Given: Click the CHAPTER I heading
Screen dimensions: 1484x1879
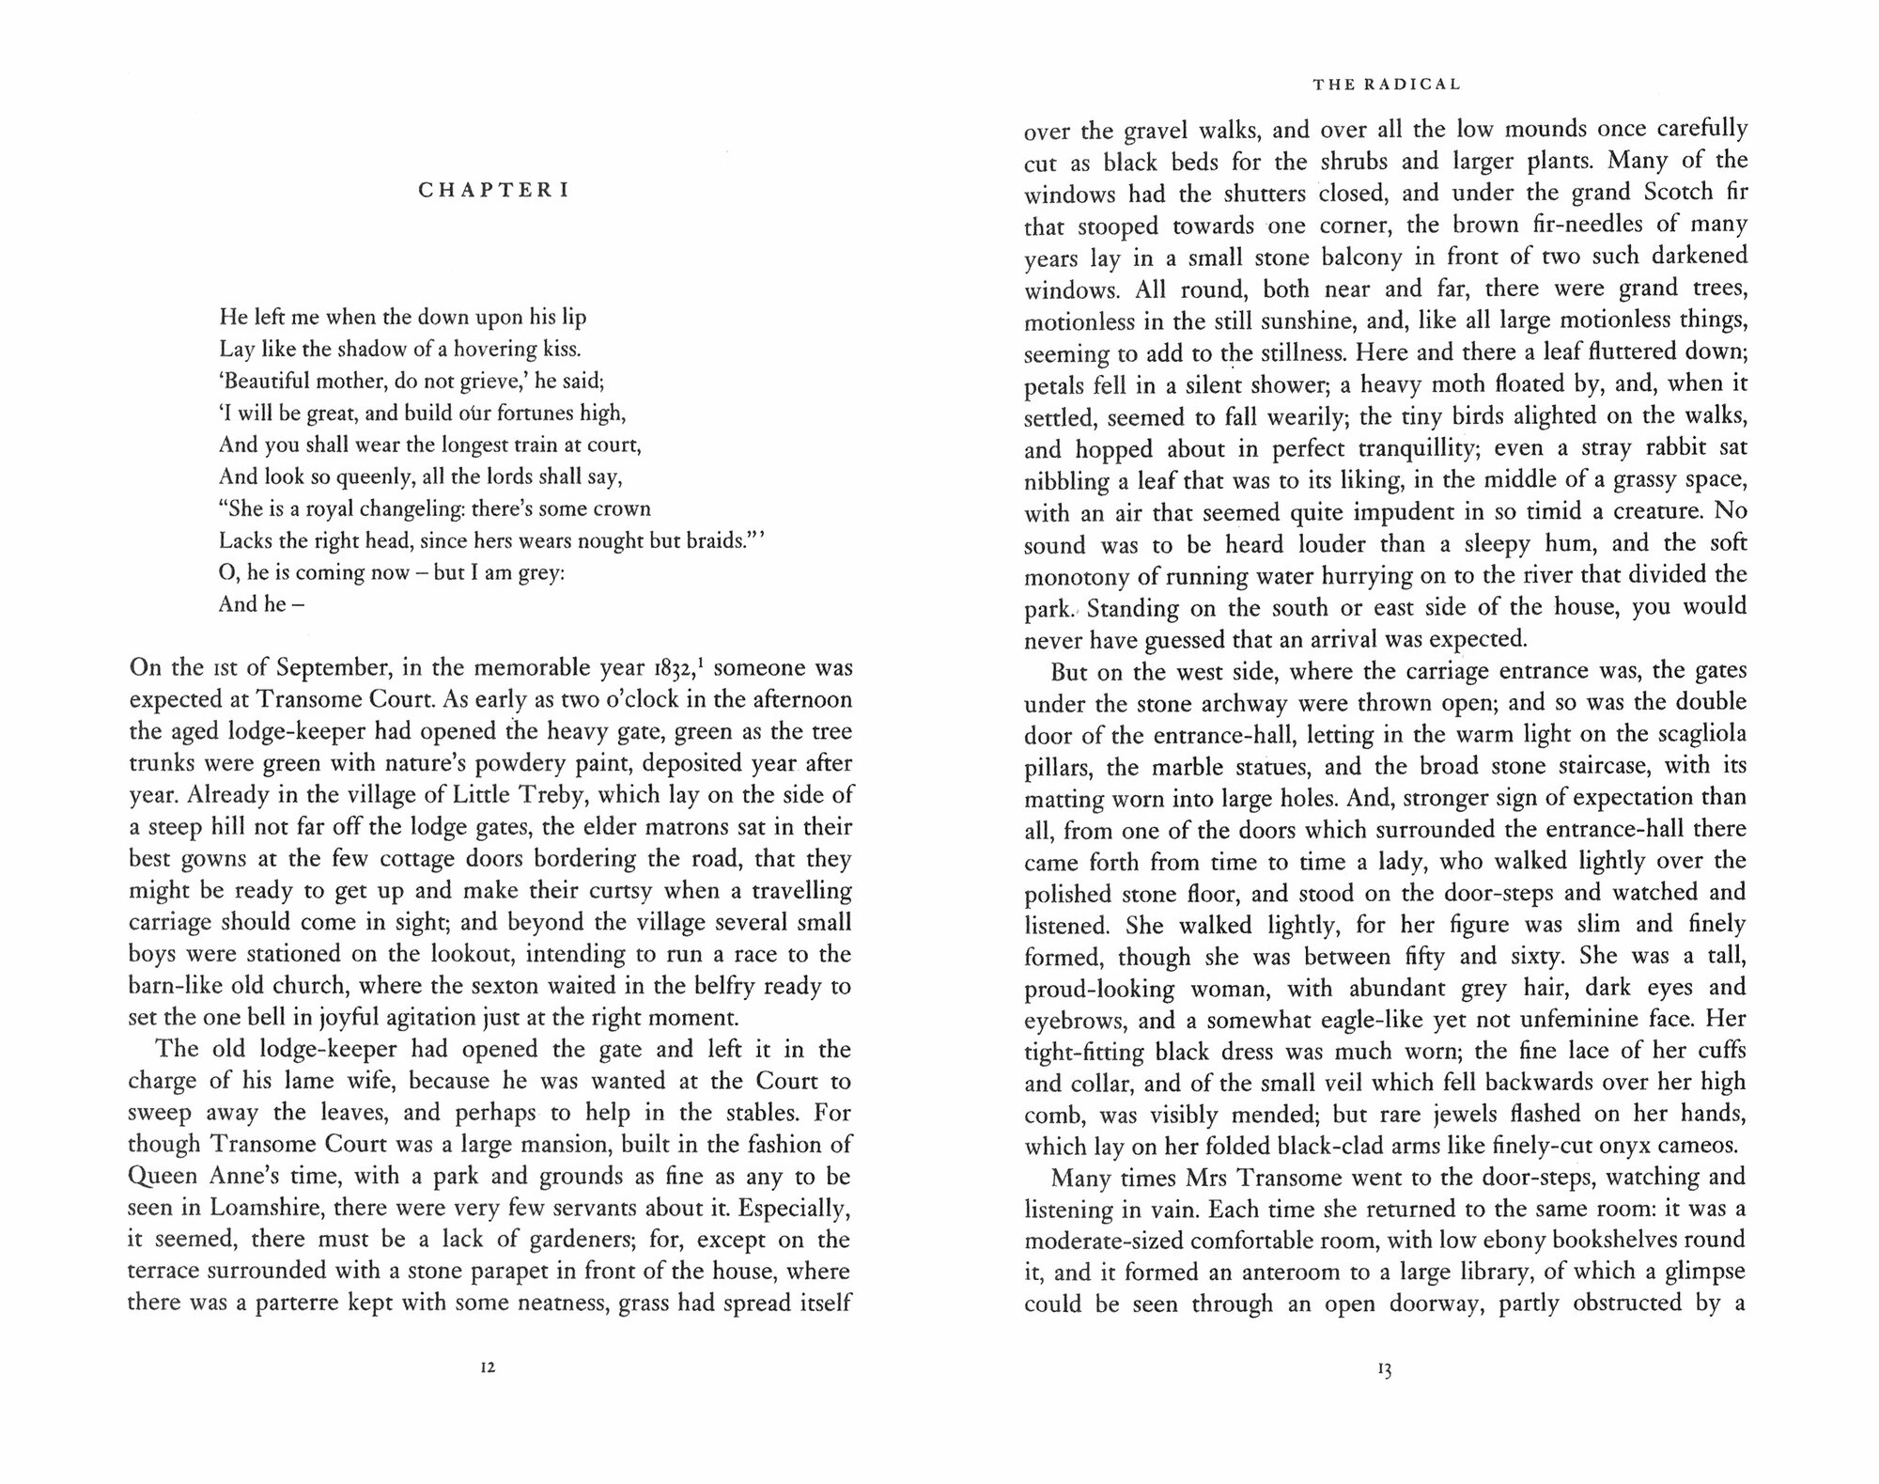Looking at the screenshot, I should click(493, 191).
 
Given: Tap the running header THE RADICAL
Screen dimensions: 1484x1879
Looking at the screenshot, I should click(1387, 85).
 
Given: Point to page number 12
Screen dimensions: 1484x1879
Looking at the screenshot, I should click(487, 1367).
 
